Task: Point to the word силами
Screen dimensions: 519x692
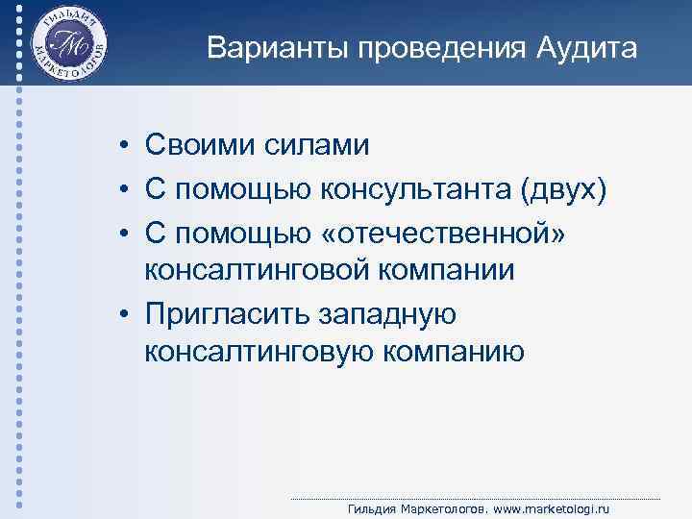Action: pos(317,146)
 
